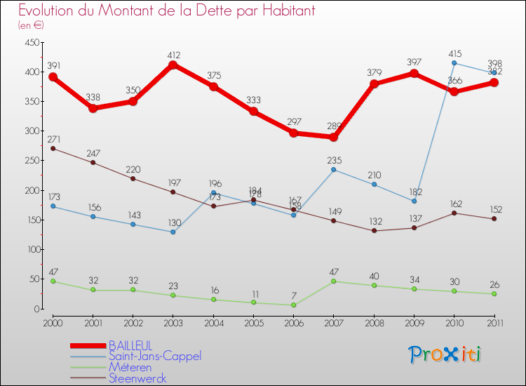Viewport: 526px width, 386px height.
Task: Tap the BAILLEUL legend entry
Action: pos(132,346)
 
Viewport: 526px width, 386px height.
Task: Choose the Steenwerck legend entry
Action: pos(137,378)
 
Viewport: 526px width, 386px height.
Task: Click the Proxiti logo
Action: pos(445,354)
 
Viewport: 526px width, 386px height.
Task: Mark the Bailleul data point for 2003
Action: pos(173,65)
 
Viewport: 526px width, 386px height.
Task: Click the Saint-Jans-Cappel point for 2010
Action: pos(454,63)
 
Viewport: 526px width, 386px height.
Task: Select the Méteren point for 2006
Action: pos(293,305)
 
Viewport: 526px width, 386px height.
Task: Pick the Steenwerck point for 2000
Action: pos(53,148)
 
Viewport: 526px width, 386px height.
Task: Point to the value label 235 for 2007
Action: pos(334,160)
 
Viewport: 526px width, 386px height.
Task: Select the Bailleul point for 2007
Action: pos(334,137)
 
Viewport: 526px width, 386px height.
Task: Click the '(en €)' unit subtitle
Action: pos(32,25)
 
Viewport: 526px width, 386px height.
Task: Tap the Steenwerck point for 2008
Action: pos(374,231)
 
